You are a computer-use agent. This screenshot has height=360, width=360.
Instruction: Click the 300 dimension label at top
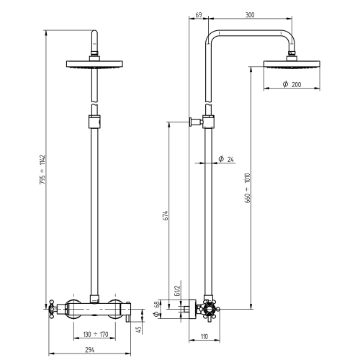(x=250, y=15)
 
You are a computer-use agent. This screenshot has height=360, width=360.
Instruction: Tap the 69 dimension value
(x=199, y=15)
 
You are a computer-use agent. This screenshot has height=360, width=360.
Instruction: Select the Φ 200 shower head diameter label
(x=292, y=84)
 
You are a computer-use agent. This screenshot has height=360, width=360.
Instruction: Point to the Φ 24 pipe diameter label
(x=226, y=159)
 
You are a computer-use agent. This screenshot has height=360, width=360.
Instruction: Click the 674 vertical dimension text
(x=166, y=216)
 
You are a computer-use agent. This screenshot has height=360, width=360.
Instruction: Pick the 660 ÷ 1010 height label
(x=248, y=188)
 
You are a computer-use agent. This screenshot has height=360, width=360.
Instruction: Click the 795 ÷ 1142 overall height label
(x=42, y=169)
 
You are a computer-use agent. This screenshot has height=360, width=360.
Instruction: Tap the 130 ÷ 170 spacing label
(x=96, y=334)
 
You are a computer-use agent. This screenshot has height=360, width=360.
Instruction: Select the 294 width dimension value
(x=90, y=350)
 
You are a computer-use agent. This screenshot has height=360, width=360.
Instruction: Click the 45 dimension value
(x=139, y=330)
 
